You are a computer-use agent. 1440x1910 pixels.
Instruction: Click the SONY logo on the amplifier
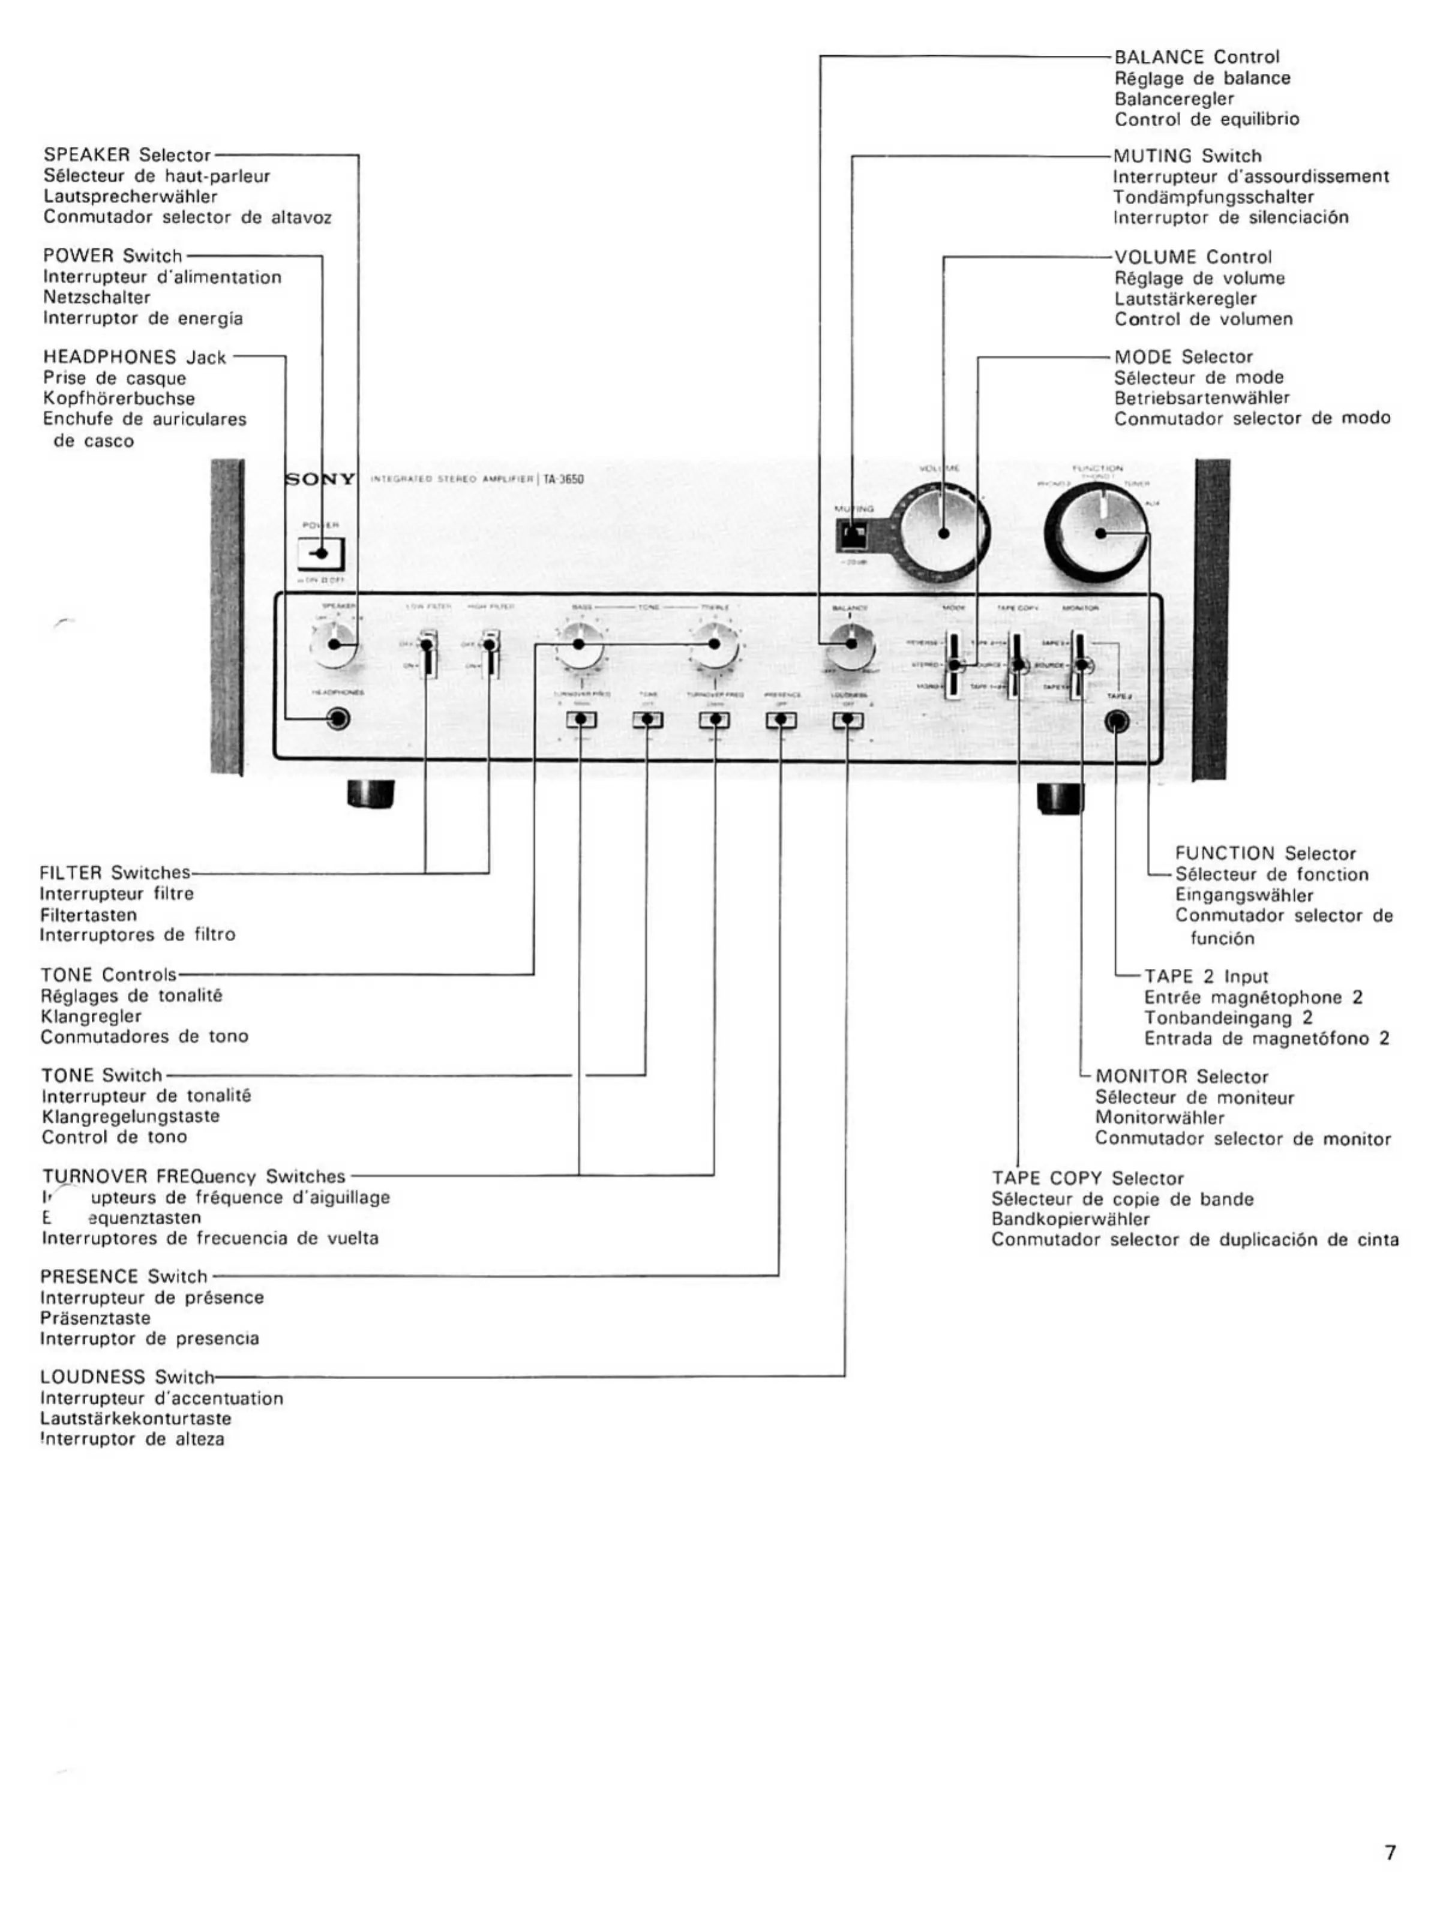(x=320, y=479)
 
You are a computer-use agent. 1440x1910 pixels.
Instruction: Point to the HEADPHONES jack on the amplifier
(x=338, y=719)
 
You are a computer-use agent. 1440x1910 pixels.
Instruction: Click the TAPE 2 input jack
(x=1117, y=722)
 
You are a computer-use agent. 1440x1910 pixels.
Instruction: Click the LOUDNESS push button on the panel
(x=847, y=719)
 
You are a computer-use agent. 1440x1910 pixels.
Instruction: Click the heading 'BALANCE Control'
(x=1196, y=57)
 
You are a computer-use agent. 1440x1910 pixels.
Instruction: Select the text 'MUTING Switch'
(x=1187, y=157)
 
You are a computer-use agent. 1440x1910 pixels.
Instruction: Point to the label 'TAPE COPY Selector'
(x=1087, y=1178)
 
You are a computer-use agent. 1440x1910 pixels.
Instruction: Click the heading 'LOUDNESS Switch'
(x=126, y=1376)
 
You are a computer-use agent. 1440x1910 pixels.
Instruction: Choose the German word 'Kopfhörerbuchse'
(x=118, y=399)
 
